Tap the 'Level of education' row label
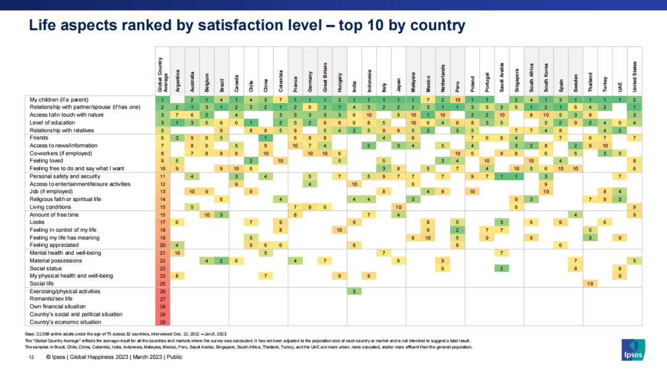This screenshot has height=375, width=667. pyautogui.click(x=53, y=122)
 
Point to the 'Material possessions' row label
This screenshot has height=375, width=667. pyautogui.click(x=56, y=260)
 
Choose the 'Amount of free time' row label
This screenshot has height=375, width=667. pyautogui.click(x=54, y=214)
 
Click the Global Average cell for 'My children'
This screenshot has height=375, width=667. pyautogui.click(x=161, y=99)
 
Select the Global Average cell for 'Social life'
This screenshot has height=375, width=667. pyautogui.click(x=161, y=283)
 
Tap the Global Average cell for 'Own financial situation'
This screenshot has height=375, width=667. pyautogui.click(x=161, y=307)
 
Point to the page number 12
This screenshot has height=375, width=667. pyautogui.click(x=30, y=358)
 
